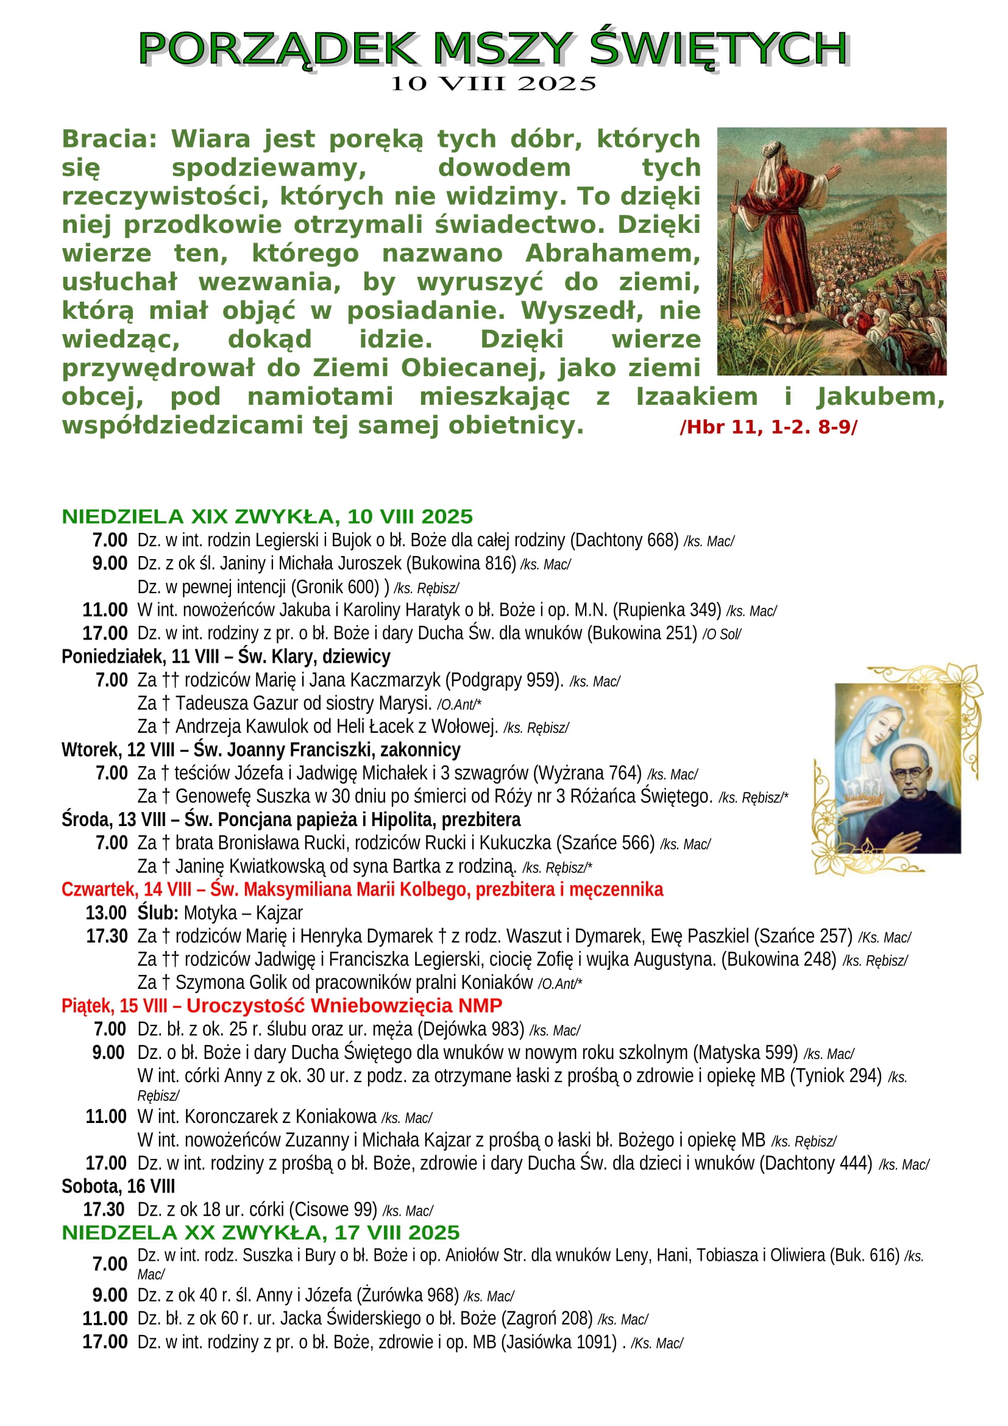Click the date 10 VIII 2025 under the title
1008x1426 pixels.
(x=493, y=84)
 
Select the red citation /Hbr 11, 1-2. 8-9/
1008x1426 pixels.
(x=768, y=427)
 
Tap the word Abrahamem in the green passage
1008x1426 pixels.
(x=612, y=254)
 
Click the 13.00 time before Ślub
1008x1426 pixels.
(x=106, y=913)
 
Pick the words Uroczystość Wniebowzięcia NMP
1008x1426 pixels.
(x=344, y=1005)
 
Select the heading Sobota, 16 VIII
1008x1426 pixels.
(x=118, y=1186)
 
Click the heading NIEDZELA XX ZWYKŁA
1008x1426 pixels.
(x=261, y=1233)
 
